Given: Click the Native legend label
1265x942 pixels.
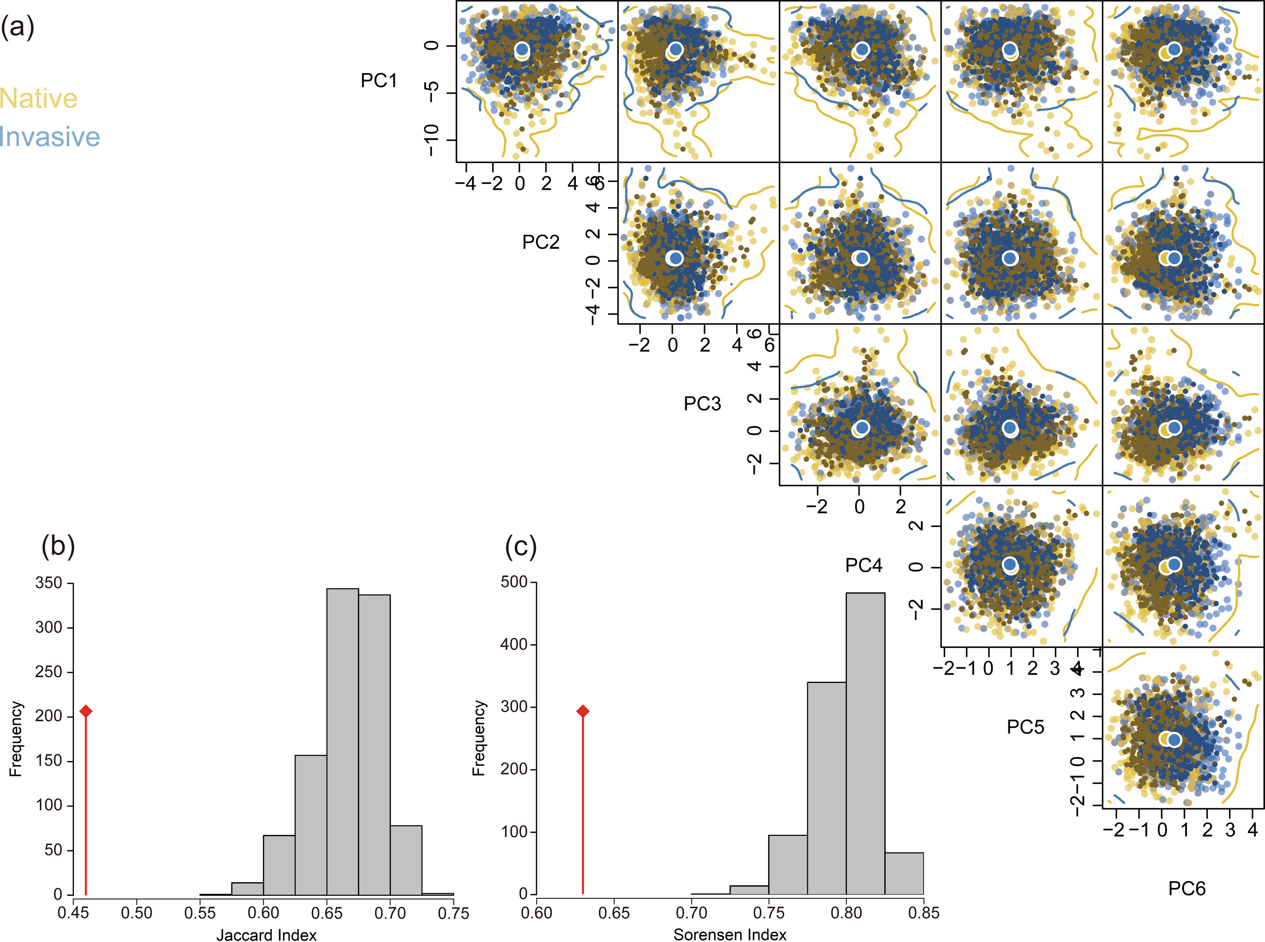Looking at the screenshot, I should (39, 98).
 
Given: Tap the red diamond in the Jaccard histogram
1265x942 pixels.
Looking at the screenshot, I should (86, 711).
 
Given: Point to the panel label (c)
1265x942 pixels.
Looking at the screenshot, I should (521, 546).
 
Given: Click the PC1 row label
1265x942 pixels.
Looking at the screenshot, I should (379, 80).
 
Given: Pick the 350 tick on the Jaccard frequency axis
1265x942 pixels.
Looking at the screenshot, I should (49, 583).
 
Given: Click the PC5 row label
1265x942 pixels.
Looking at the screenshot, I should (1025, 727).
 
